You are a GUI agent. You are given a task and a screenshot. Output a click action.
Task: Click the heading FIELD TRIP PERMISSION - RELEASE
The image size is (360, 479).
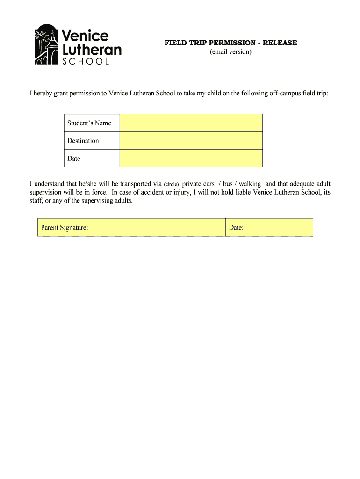pos(230,43)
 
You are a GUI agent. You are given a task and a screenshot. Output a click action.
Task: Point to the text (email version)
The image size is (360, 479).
pos(230,51)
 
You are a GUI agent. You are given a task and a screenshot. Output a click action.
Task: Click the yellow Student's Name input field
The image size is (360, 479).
pos(191,123)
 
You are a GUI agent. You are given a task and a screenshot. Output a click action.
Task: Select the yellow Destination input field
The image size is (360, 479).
pos(191,141)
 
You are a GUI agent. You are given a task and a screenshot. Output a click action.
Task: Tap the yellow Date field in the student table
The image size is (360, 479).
pos(191,159)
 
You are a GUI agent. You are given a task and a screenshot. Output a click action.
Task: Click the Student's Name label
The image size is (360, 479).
pos(89,123)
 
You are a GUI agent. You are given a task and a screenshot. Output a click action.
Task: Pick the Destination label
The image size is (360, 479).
pos(83,141)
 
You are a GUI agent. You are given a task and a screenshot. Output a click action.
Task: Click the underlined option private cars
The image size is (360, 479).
pos(198,184)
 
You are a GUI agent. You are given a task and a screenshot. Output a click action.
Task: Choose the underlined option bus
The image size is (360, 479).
pos(228,184)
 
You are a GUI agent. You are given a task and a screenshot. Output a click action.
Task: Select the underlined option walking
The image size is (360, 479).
pos(250,184)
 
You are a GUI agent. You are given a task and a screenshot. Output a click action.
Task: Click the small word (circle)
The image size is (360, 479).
pos(171,184)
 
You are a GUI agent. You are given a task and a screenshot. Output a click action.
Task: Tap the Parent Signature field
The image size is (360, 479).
pos(131,228)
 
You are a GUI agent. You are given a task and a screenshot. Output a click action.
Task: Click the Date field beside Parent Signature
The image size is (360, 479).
pos(269,228)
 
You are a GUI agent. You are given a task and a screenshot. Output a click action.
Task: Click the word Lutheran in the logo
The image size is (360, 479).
pos(92,49)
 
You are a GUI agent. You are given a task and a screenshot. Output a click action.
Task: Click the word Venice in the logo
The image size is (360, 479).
pos(85,36)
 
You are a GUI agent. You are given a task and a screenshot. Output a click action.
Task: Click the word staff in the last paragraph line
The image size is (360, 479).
pos(36,201)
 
